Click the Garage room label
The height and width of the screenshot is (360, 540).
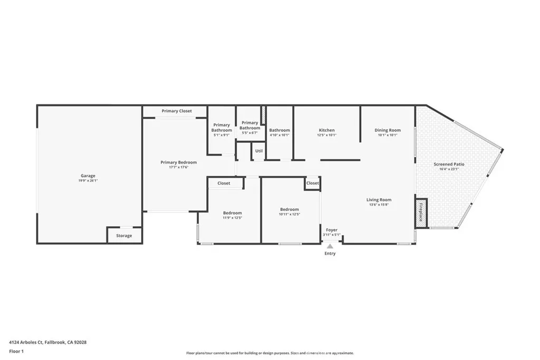click(x=88, y=176)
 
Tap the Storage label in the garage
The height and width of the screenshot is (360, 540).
click(x=124, y=236)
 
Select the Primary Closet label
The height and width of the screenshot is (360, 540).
click(x=177, y=111)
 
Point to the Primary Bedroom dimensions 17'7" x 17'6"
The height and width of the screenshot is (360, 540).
click(x=179, y=168)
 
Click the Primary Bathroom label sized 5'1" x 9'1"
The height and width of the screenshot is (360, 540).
click(x=221, y=128)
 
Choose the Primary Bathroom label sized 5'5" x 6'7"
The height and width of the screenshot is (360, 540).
click(x=250, y=125)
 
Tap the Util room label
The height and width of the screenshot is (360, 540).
click(x=259, y=151)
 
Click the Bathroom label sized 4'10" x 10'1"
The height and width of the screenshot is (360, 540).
click(x=279, y=130)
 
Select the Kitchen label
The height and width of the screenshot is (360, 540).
click(x=326, y=130)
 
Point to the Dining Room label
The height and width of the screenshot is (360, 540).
click(x=388, y=130)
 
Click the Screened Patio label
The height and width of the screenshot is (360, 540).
click(x=449, y=164)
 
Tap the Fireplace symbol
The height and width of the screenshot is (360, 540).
click(x=420, y=213)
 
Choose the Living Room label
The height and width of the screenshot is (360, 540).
click(x=379, y=200)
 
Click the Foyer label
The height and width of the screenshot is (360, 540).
click(x=332, y=230)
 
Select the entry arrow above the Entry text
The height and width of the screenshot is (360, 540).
click(x=330, y=246)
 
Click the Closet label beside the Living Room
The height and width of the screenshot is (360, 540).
click(x=313, y=183)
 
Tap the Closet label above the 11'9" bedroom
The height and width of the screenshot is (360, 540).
click(x=224, y=183)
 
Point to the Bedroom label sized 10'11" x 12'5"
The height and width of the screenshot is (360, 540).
click(x=290, y=209)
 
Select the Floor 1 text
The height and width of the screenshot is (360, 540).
click(x=17, y=351)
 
